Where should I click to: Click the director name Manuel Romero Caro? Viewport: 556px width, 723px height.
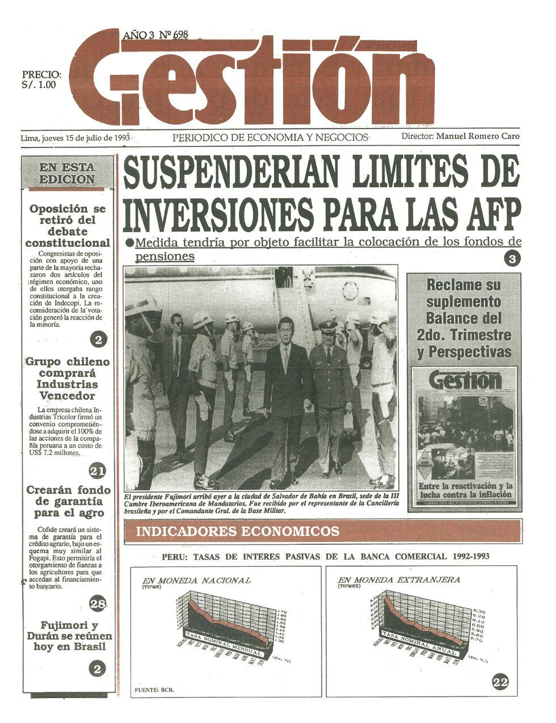click(x=478, y=136)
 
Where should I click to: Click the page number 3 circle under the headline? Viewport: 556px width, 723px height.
click(x=512, y=258)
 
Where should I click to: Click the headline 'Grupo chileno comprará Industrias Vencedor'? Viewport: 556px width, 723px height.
click(x=68, y=379)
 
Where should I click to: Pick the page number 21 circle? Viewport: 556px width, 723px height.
click(x=98, y=470)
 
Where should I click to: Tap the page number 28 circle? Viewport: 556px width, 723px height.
click(x=98, y=603)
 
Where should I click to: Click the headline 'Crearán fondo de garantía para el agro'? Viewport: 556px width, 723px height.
click(x=69, y=502)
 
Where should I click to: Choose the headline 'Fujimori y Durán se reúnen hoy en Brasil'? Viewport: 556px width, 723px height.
click(x=69, y=636)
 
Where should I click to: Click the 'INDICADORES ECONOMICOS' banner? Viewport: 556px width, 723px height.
click(x=238, y=532)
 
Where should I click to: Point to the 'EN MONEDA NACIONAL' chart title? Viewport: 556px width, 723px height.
click(x=196, y=581)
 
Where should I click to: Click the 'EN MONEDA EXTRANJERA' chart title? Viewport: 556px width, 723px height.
click(x=399, y=580)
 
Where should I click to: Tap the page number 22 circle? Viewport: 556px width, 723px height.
click(x=500, y=682)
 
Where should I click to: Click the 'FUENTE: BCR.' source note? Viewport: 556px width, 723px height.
click(x=154, y=690)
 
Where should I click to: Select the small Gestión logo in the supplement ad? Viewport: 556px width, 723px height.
click(x=465, y=380)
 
